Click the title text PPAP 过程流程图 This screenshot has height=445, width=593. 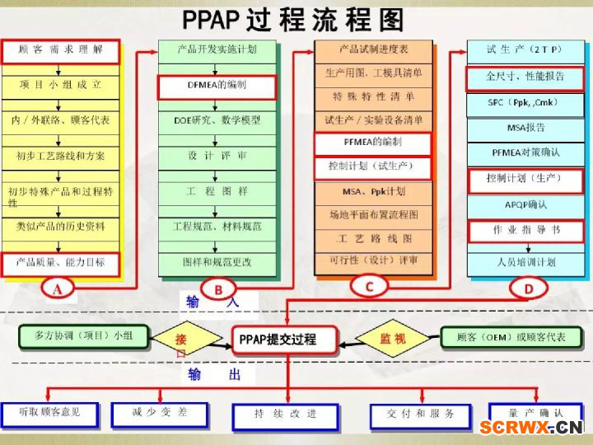[x=293, y=20]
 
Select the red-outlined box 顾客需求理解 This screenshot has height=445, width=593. [x=61, y=51]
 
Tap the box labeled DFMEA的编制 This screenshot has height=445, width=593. [x=217, y=87]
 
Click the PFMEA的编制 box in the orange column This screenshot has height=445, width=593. [x=372, y=143]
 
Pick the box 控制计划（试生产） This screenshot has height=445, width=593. [x=372, y=167]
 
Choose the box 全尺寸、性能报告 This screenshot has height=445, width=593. [x=525, y=79]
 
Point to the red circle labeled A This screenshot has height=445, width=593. [x=58, y=289]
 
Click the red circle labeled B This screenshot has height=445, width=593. [x=218, y=290]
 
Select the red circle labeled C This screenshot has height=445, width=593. [x=369, y=287]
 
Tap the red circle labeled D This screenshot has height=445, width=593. [x=528, y=288]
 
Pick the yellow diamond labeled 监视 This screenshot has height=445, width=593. [x=394, y=338]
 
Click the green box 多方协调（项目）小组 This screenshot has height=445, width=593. [x=83, y=336]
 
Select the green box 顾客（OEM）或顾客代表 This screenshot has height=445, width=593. [x=511, y=337]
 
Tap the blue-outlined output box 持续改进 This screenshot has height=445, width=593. [x=286, y=417]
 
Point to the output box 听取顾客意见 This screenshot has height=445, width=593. [x=50, y=415]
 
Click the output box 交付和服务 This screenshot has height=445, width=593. [x=421, y=416]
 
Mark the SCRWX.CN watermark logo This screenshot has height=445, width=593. [x=531, y=427]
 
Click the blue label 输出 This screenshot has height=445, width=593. [x=214, y=374]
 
